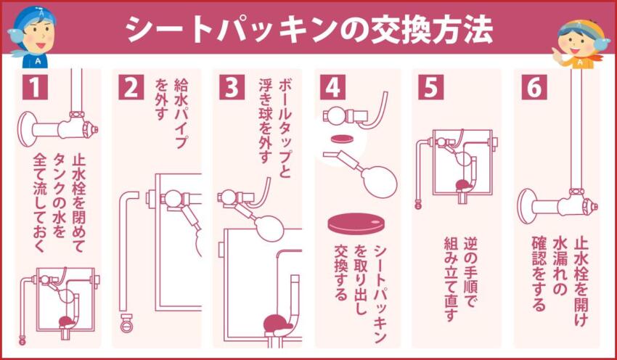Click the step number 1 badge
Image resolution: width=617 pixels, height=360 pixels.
tap(34, 87)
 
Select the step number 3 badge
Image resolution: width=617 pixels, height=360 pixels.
tap(232, 87)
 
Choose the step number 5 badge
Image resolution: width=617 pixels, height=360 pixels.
tap(430, 87)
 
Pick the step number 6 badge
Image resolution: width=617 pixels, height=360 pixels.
tap(531, 87)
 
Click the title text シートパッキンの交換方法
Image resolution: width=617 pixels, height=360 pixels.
tap(308, 29)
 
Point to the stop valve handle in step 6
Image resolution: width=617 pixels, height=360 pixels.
tap(597, 207)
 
